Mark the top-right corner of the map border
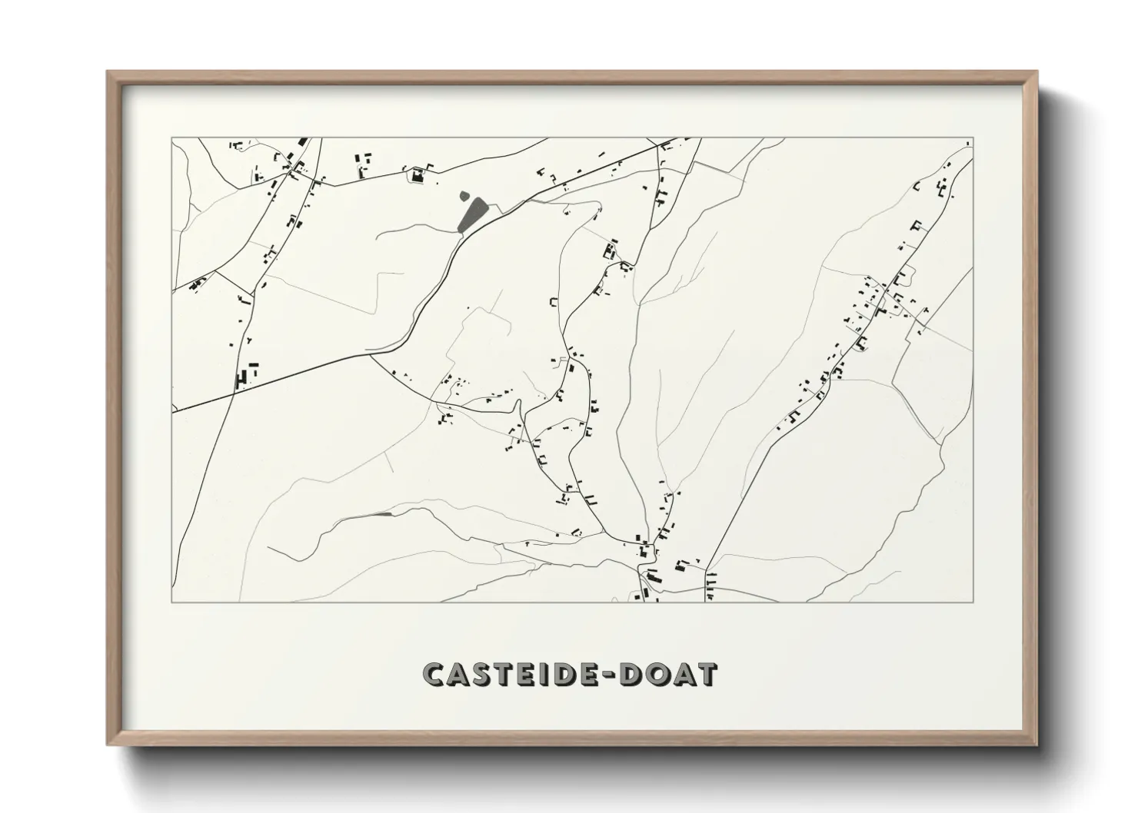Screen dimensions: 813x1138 click(973, 138)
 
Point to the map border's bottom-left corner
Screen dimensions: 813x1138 click(172, 601)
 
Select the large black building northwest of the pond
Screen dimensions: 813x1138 click(418, 176)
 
